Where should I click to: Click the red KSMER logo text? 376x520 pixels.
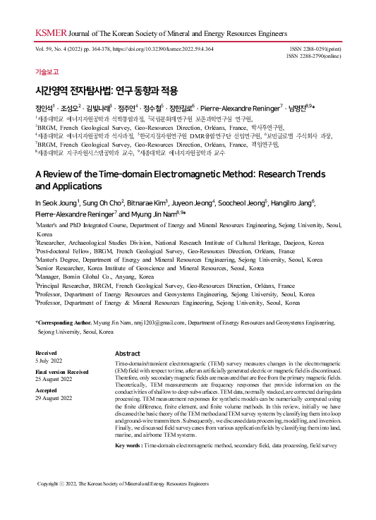pyautogui.click(x=47, y=32)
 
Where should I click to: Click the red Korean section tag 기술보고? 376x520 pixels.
pyautogui.click(x=47, y=72)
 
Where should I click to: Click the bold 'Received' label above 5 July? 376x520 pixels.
pyautogui.click(x=47, y=353)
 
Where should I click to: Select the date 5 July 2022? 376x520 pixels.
pyautogui.click(x=49, y=360)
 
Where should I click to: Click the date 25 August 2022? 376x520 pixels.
pyautogui.click(x=54, y=378)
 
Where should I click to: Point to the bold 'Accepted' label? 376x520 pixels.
pyautogui.click(x=47, y=389)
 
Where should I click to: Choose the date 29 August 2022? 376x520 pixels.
pyautogui.click(x=54, y=397)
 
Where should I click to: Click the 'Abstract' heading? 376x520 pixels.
pyautogui.click(x=128, y=353)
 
